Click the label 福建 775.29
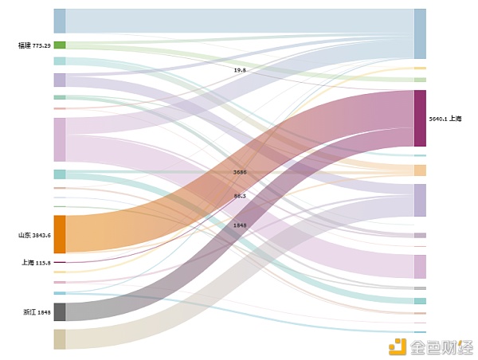34,45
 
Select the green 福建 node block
60,45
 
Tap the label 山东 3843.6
34,235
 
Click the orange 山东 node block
60,234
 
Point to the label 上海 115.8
36,262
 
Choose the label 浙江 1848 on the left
37,312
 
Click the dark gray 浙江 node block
60,312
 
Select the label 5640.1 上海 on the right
445,119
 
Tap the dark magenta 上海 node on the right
420,119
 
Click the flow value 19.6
240,70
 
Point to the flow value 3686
240,172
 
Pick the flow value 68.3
240,196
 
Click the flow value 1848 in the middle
240,225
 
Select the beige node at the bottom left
60,339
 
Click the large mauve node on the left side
60,139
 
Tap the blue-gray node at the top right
420,34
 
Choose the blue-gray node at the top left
60,21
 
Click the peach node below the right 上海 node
420,170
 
